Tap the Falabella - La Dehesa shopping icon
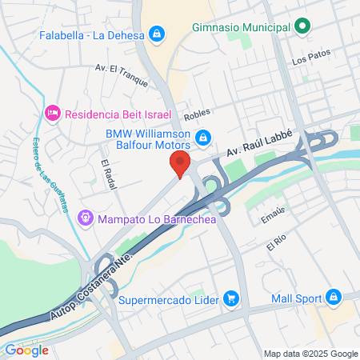pyautogui.click(x=158, y=34)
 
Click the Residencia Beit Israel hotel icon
pyautogui.click(x=53, y=114)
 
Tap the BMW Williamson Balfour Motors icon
pyautogui.click(x=203, y=138)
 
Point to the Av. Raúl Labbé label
pyautogui.click(x=258, y=143)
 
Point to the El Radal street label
pyautogui.click(x=109, y=175)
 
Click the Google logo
pyautogui.click(x=26, y=350)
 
